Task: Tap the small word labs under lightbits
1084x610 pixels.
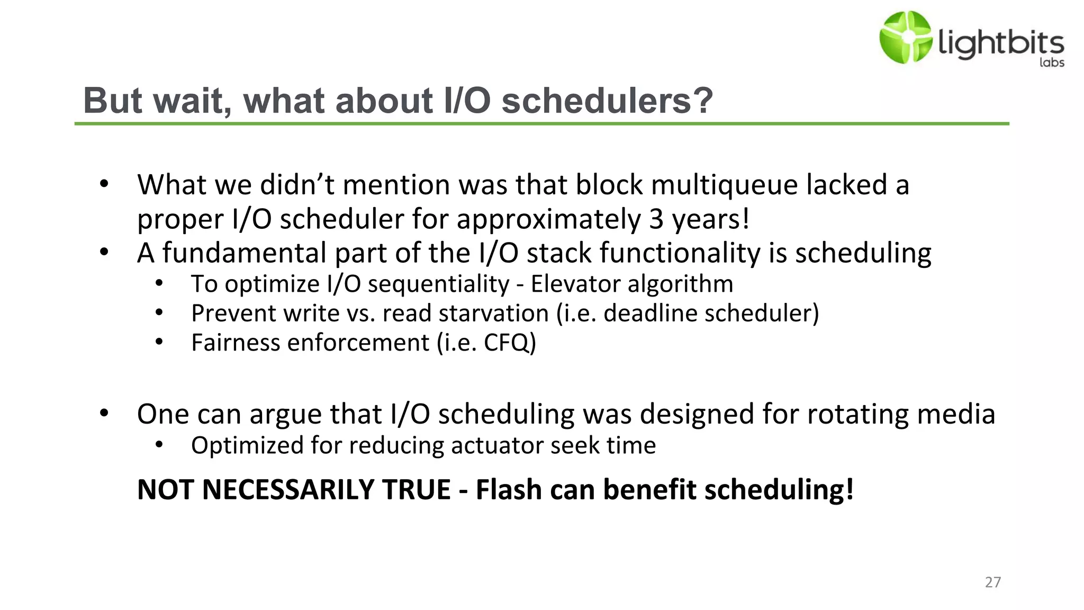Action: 1052,62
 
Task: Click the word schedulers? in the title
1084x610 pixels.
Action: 607,101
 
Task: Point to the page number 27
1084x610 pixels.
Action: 992,582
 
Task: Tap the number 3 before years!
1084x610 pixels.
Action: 656,219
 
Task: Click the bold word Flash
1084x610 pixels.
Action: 509,489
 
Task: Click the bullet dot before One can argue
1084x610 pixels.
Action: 104,413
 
